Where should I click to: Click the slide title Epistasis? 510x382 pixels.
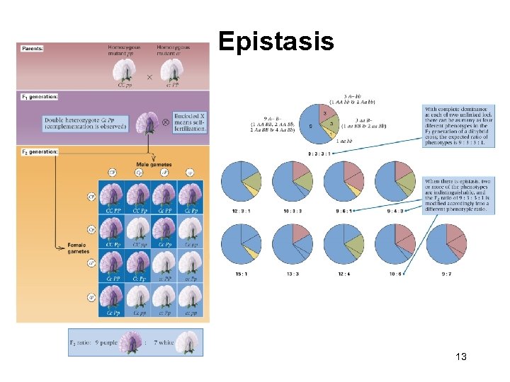pyautogui.click(x=276, y=42)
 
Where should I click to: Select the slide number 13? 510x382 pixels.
pyautogui.click(x=460, y=357)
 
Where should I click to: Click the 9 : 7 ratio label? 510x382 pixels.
pyautogui.click(x=446, y=273)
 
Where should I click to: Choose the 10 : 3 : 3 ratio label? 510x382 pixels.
pyautogui.click(x=292, y=211)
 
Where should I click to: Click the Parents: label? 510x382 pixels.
pyautogui.click(x=33, y=49)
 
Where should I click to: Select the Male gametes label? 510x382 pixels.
pyautogui.click(x=150, y=164)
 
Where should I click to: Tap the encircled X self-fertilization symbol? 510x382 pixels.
pyautogui.click(x=165, y=122)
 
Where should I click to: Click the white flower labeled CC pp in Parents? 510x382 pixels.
pyautogui.click(x=125, y=71)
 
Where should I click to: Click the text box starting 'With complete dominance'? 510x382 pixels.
pyautogui.click(x=458, y=126)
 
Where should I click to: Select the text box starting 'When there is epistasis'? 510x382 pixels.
pyautogui.click(x=458, y=195)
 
